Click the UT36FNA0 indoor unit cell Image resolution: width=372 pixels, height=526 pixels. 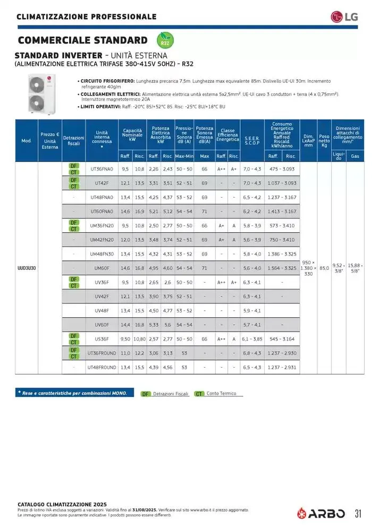pyautogui.click(x=102, y=169)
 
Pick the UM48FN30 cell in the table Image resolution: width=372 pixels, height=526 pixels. pyautogui.click(x=102, y=254)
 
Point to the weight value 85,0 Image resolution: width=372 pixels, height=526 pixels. pyautogui.click(x=324, y=268)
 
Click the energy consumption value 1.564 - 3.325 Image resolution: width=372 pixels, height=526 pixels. pyautogui.click(x=283, y=268)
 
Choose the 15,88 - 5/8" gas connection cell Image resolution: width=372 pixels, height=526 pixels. pyautogui.click(x=354, y=268)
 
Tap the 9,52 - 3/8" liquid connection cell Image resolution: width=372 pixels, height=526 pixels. pyautogui.click(x=338, y=268)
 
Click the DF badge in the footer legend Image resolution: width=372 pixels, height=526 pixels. pyautogui.click(x=146, y=394)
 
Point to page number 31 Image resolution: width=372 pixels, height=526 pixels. pyautogui.click(x=358, y=513)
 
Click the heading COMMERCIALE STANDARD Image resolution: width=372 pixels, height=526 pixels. pyautogui.click(x=82, y=40)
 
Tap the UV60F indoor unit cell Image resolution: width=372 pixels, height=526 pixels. pyautogui.click(x=102, y=325)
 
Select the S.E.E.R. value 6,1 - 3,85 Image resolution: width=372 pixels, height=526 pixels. pyautogui.click(x=252, y=339)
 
